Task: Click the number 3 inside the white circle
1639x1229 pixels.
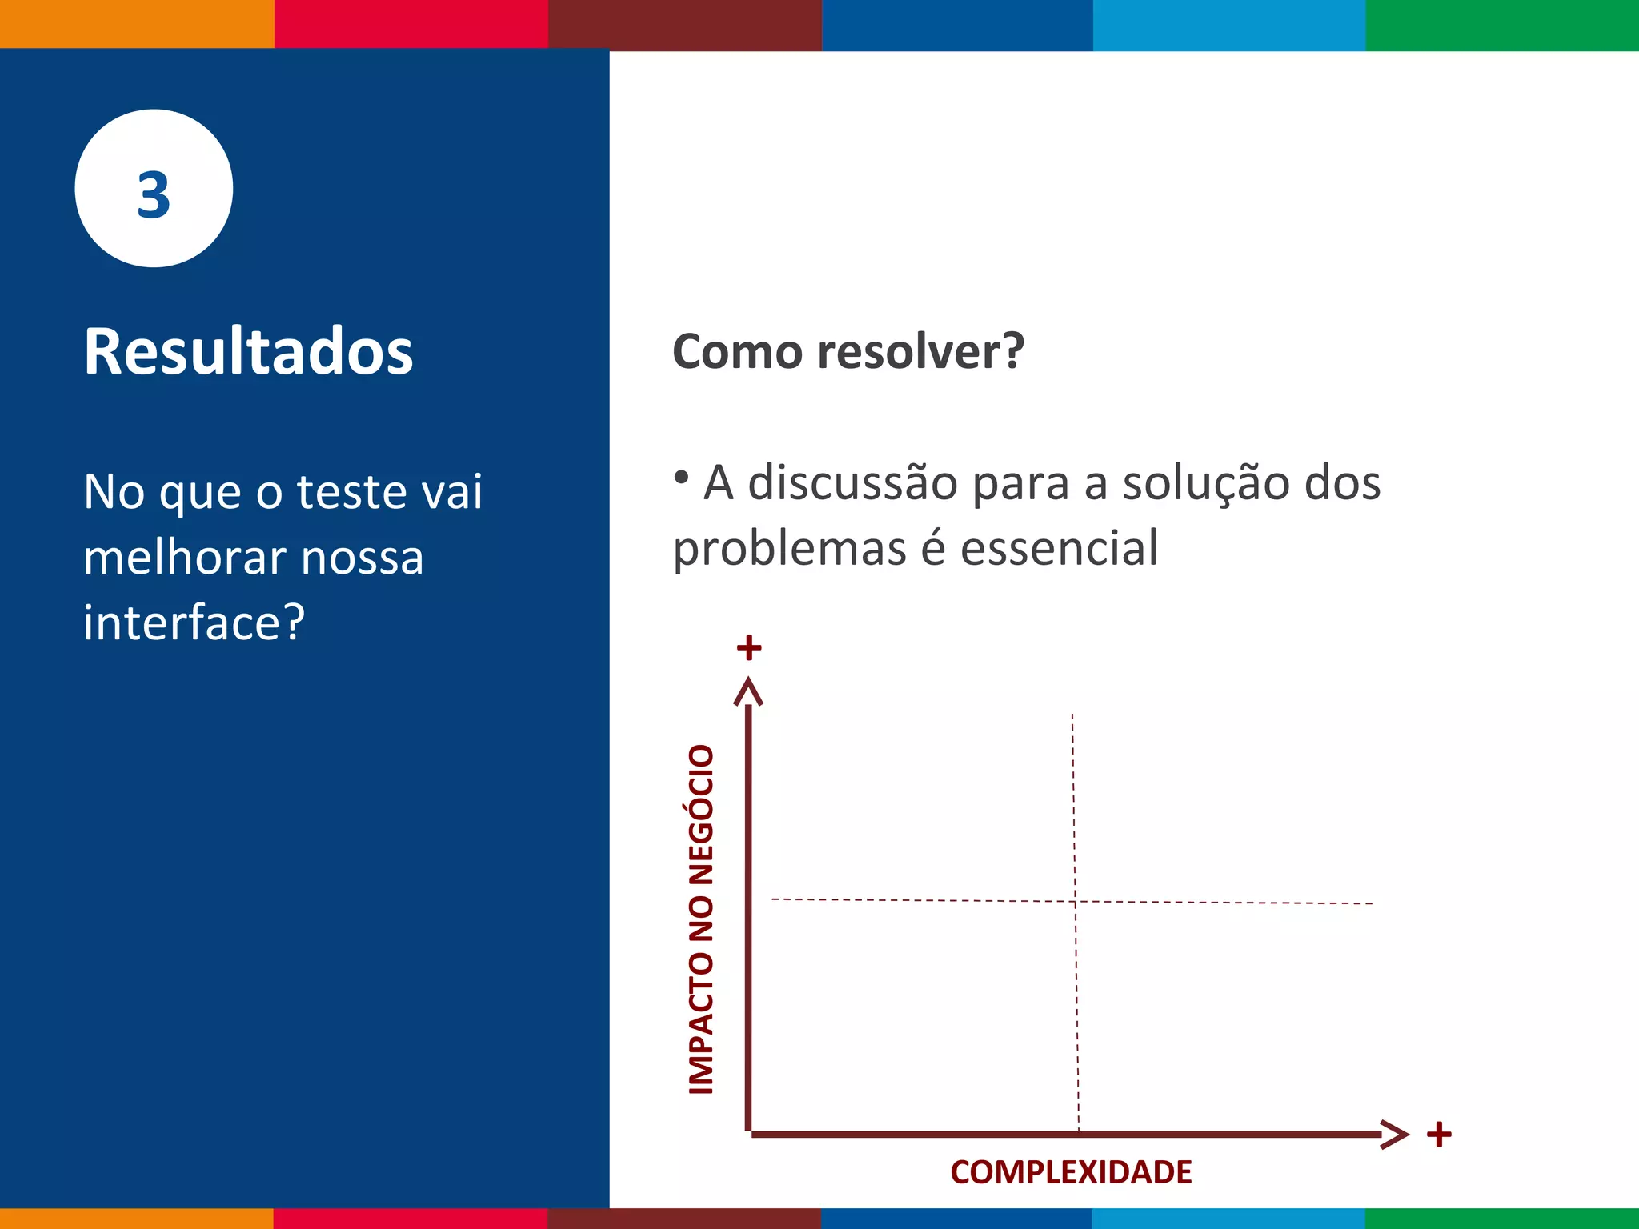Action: click(154, 195)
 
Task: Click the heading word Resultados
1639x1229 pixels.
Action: click(248, 352)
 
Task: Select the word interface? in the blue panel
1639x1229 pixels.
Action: click(194, 623)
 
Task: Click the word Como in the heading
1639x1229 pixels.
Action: click(737, 352)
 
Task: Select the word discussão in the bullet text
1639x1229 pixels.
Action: click(853, 483)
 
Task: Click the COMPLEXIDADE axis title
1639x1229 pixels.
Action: click(1071, 1172)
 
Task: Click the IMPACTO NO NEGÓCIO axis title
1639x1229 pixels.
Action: click(702, 919)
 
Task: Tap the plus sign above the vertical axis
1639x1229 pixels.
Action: click(749, 647)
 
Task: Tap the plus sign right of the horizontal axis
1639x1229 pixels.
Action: click(1439, 1134)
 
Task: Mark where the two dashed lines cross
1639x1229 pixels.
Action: click(1075, 902)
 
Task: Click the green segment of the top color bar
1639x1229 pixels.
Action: click(1502, 25)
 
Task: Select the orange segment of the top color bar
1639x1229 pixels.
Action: click(136, 24)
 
